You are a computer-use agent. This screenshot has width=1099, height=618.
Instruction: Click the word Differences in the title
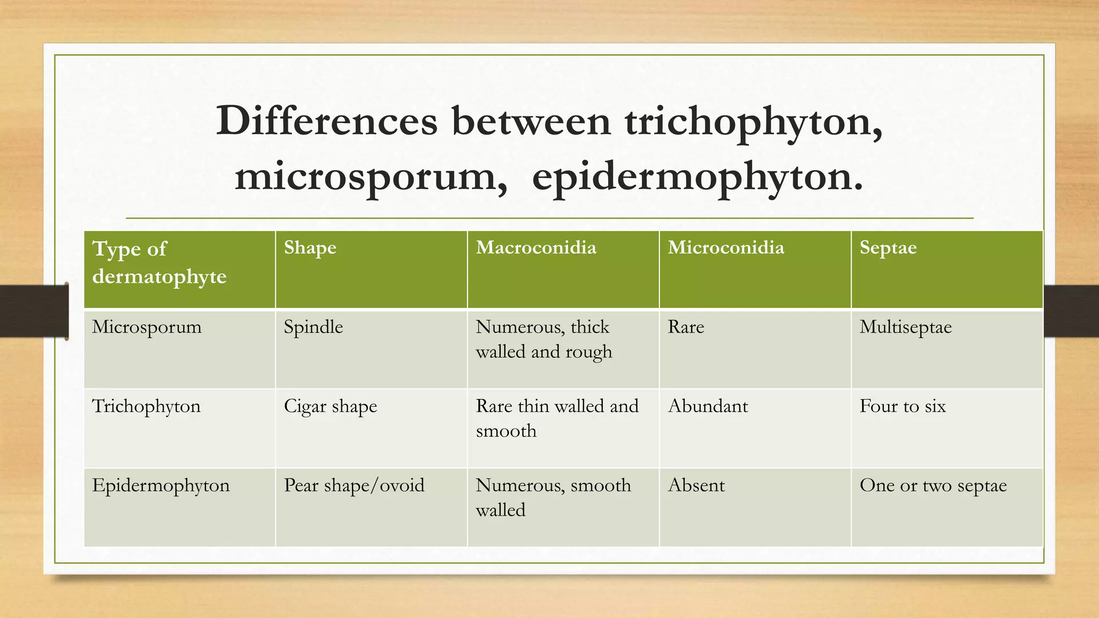point(327,121)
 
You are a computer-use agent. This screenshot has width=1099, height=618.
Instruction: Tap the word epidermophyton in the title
point(697,177)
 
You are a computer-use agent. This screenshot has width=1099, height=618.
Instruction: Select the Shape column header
point(310,247)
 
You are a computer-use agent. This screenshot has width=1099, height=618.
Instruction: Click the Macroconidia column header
point(536,247)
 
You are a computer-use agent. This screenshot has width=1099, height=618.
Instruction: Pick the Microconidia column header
point(726,247)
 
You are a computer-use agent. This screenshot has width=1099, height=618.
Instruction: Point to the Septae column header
point(888,247)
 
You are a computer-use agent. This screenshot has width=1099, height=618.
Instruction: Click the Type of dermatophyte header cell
point(159,262)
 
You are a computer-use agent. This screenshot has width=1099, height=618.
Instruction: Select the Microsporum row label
point(146,327)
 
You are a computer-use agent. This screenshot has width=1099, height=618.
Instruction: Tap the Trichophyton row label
point(146,406)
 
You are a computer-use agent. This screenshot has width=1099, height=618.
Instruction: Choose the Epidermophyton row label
point(160,485)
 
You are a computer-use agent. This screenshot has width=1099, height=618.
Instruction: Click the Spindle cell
point(313,327)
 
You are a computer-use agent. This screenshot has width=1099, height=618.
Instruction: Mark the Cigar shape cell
point(330,406)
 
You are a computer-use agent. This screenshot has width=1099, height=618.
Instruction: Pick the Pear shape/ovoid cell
point(354,485)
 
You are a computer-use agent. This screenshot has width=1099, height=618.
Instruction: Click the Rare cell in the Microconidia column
point(686,327)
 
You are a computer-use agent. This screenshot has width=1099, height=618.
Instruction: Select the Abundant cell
point(708,406)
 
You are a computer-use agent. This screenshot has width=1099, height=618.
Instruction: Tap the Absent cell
point(696,485)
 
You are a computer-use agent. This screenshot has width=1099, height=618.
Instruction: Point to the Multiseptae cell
point(905,327)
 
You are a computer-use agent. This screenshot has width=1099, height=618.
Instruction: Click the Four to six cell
point(903,406)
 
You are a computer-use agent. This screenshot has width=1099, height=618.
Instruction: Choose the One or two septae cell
point(933,485)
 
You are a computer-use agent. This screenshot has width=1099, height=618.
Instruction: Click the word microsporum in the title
point(371,177)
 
